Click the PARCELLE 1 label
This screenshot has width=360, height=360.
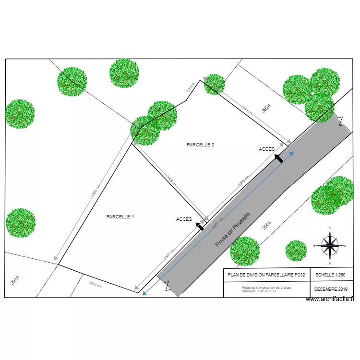tap(120, 217)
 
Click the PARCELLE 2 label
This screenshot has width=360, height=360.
tap(200, 144)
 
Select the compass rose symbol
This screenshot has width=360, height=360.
tap(330, 245)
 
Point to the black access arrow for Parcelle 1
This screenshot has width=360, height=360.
tap(200, 226)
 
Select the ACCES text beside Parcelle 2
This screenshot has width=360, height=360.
tap(267, 149)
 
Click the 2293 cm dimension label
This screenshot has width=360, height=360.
tap(95, 285)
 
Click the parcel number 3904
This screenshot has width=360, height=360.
tap(267, 226)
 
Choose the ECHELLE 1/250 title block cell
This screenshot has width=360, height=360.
tap(331, 275)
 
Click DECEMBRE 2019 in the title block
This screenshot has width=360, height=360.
tap(331, 289)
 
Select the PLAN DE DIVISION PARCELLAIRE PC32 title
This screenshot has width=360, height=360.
tap(266, 275)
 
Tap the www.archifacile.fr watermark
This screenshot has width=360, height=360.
tap(330, 299)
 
